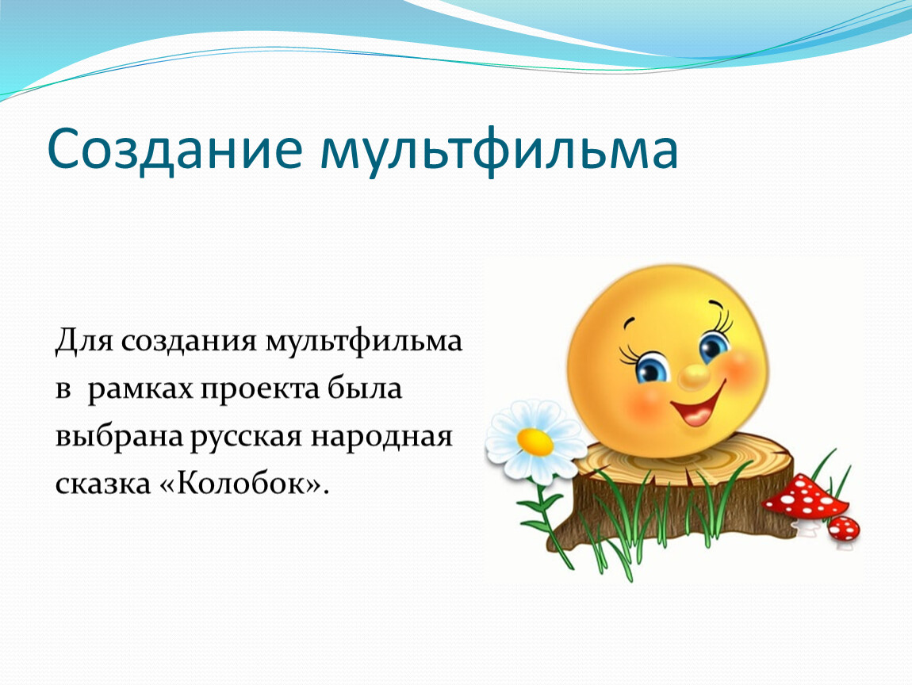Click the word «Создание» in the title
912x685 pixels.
click(174, 149)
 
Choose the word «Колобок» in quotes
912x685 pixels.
click(242, 483)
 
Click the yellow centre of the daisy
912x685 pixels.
click(535, 442)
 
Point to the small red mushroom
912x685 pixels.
click(843, 528)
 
